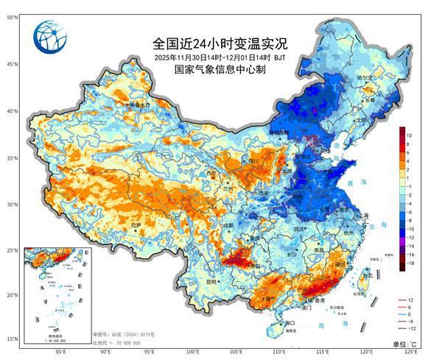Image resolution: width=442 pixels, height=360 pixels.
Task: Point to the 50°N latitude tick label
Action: tap(12, 17)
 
